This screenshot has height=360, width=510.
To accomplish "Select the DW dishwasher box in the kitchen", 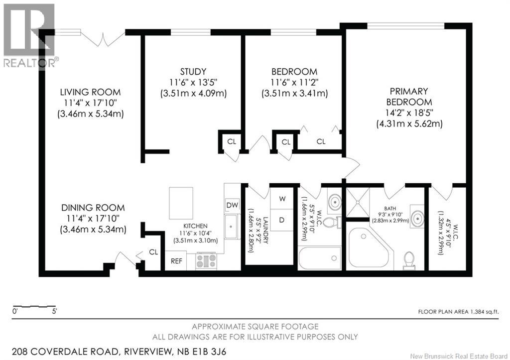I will (x=232, y=205).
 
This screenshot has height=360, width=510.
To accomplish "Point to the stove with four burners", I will (x=206, y=261).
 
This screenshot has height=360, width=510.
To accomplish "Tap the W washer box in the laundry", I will (x=282, y=199).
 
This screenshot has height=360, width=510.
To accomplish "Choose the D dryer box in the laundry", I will (x=282, y=220).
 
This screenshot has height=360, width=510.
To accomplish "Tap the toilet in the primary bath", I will (x=409, y=259).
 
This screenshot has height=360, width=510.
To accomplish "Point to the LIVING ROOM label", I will (x=90, y=92).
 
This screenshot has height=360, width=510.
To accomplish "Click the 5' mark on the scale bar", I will (x=54, y=312).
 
